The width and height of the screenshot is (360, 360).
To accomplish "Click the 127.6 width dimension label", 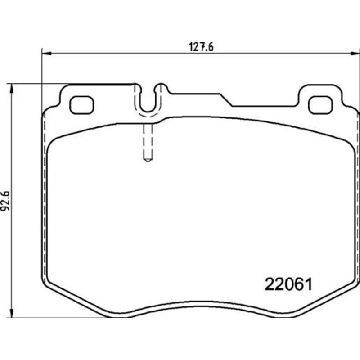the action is [x=201, y=47].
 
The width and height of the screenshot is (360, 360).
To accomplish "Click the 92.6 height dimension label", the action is [x=5, y=201].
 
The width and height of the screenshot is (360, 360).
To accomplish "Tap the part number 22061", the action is [x=288, y=284].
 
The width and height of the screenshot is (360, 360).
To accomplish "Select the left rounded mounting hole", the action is [x=82, y=105].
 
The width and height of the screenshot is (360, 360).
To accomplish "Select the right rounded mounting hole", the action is [x=320, y=105].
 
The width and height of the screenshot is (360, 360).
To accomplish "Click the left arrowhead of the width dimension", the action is [x=47, y=53].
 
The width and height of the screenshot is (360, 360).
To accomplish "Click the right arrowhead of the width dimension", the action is [x=355, y=53].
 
